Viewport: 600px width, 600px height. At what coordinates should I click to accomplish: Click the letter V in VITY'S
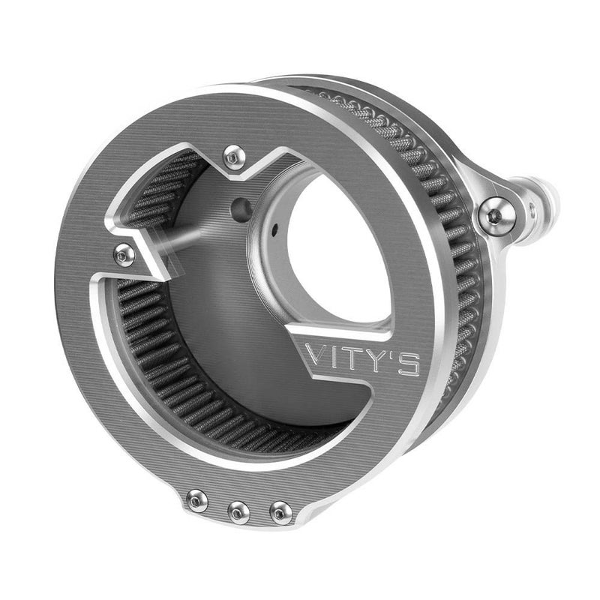click(x=319, y=357)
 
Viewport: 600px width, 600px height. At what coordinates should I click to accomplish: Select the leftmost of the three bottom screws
click(x=197, y=498)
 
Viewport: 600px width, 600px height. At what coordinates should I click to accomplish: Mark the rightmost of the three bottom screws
click(x=281, y=512)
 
